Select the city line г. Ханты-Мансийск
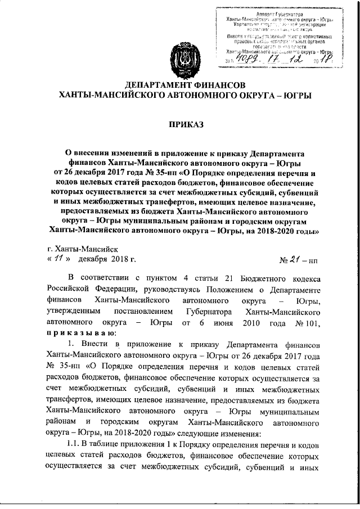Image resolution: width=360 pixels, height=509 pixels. [82, 248]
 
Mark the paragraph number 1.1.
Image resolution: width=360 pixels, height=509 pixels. [75, 442]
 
